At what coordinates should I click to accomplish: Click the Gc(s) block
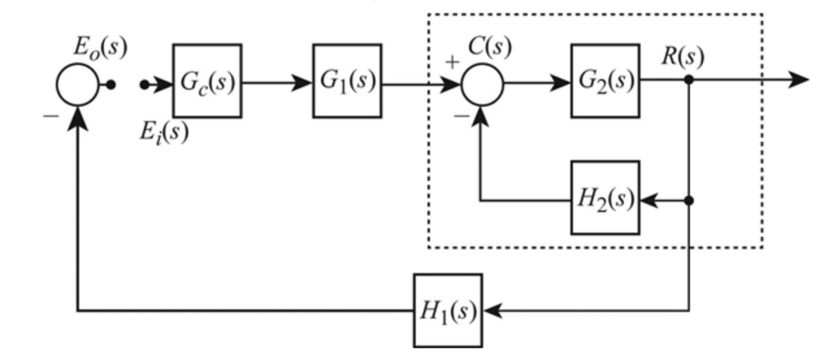[x=207, y=81]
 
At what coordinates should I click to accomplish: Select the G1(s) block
[x=347, y=81]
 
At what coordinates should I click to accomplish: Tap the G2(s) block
[x=605, y=81]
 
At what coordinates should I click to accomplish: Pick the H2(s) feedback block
[x=605, y=198]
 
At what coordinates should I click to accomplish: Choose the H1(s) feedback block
[x=448, y=311]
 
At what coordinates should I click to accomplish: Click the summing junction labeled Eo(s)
[x=77, y=84]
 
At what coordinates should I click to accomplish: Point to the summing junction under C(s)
[x=482, y=84]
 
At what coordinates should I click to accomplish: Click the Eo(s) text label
[x=100, y=47]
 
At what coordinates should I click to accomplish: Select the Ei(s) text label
[x=163, y=130]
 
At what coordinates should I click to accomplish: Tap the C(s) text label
[x=489, y=46]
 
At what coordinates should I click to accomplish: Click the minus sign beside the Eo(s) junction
[x=50, y=115]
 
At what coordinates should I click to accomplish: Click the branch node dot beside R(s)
[x=688, y=80]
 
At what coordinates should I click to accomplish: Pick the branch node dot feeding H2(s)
[x=688, y=200]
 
